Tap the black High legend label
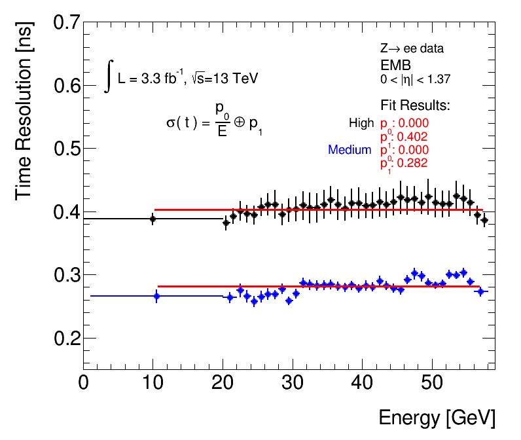pyautogui.click(x=361, y=123)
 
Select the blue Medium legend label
pyautogui.click(x=350, y=150)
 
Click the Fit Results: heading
pyautogui.click(x=415, y=105)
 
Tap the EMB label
pyautogui.click(x=395, y=64)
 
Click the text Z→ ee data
pyautogui.click(x=411, y=49)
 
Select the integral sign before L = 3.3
pyautogui.click(x=109, y=76)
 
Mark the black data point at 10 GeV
pyautogui.click(x=153, y=219)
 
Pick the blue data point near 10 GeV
pyautogui.click(x=156, y=296)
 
